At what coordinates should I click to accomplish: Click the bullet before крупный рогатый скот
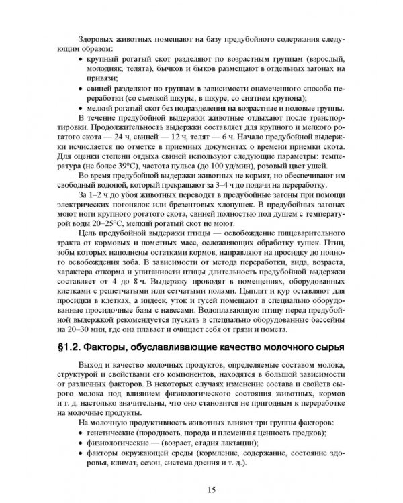82,59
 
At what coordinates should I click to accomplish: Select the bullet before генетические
82,434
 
